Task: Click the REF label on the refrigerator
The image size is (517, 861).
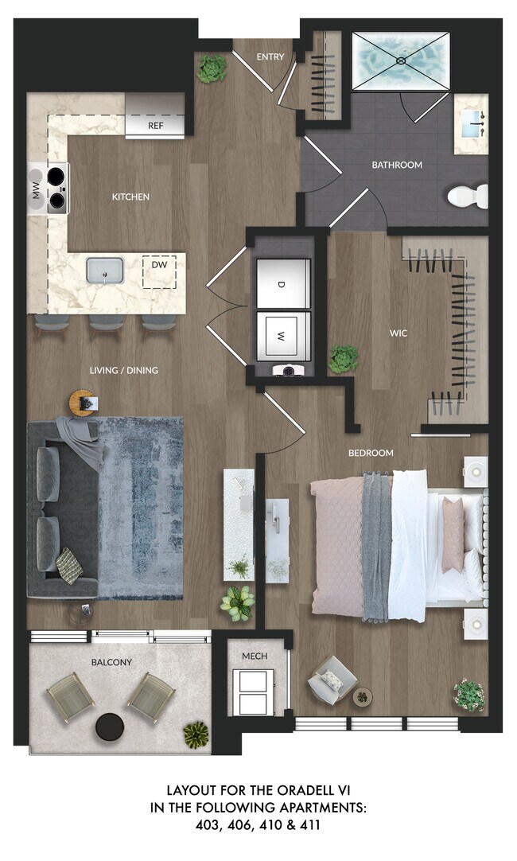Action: (155, 126)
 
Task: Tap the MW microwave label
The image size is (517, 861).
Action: (35, 189)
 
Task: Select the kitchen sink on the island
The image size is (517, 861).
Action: (104, 270)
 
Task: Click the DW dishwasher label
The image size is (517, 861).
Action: (159, 267)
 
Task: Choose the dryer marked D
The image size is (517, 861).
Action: (281, 284)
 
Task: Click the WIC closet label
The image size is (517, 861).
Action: (398, 333)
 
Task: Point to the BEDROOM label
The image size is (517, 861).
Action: (371, 453)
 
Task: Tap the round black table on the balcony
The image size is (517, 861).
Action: (110, 726)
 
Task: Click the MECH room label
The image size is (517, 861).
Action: (255, 656)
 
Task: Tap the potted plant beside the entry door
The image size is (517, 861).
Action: (212, 69)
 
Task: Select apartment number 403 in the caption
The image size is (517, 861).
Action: (208, 826)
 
